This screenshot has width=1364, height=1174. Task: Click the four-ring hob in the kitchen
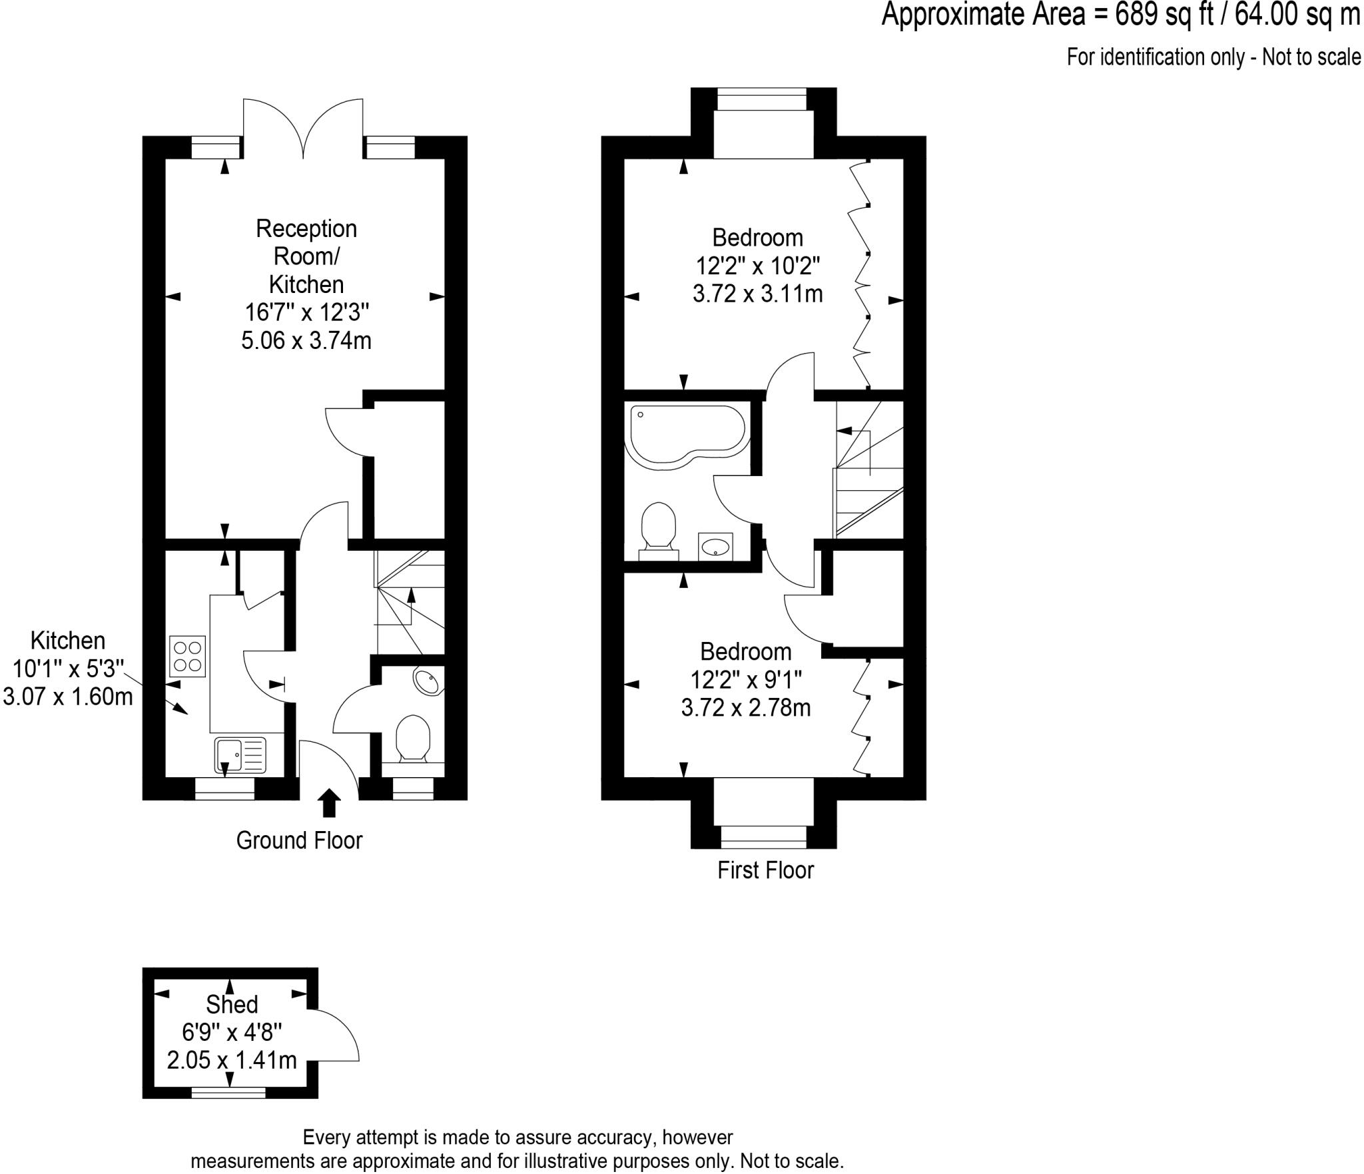click(x=188, y=656)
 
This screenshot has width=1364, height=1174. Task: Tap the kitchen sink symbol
click(x=240, y=754)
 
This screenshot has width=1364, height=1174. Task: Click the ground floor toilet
click(x=413, y=738)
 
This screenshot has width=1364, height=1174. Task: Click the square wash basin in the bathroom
click(x=715, y=547)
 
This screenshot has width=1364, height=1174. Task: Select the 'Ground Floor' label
click(x=299, y=840)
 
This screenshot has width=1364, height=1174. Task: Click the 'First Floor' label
click(x=765, y=870)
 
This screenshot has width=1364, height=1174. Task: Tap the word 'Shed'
click(x=231, y=1004)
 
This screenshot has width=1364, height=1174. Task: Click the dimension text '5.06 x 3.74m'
click(x=306, y=341)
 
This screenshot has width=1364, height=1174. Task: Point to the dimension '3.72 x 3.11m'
click(x=757, y=294)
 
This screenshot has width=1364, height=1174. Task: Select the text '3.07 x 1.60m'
click(x=68, y=697)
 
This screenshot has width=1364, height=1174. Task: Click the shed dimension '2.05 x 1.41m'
click(x=231, y=1060)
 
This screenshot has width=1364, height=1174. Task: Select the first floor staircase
click(x=868, y=469)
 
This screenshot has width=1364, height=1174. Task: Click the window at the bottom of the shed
click(x=228, y=1092)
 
